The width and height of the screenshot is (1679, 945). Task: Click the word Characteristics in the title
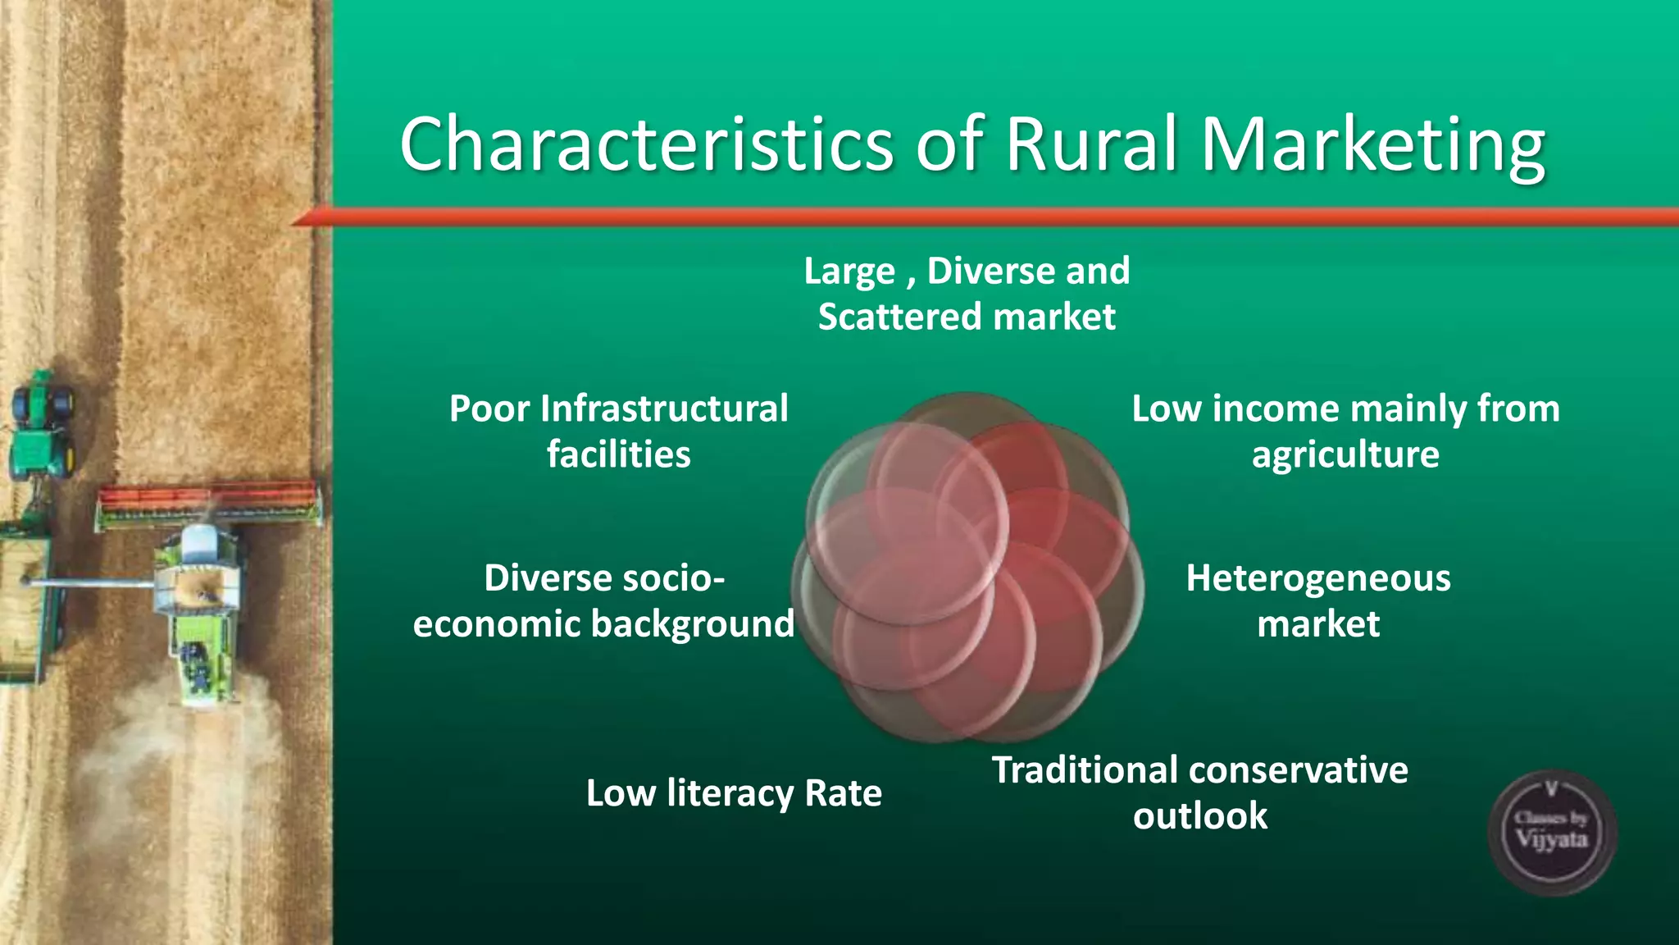pos(646,144)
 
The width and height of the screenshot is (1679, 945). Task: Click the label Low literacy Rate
pos(734,793)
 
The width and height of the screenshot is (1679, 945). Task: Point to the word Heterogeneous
pos(1318,578)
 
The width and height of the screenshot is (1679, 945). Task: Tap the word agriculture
pos(1345,455)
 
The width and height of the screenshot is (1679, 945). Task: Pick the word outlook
pos(1200,816)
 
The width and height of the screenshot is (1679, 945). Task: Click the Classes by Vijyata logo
pos(1551,832)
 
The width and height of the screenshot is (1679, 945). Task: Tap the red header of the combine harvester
pos(208,496)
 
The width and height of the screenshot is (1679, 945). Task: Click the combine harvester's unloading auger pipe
pos(90,583)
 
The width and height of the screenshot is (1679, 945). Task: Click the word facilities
pos(619,454)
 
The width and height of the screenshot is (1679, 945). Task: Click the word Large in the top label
pos(849,272)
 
